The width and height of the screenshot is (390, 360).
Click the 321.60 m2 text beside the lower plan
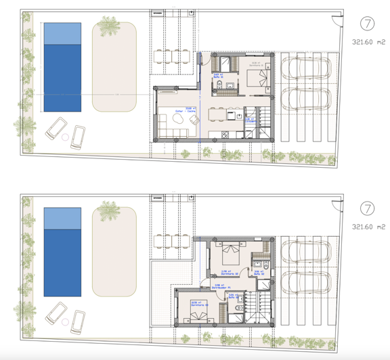point(368,227)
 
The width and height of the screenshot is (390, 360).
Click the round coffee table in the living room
point(179,119)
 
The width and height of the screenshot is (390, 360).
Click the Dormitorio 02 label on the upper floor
point(230,273)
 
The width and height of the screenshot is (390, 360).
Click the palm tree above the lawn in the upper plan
point(109,27)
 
